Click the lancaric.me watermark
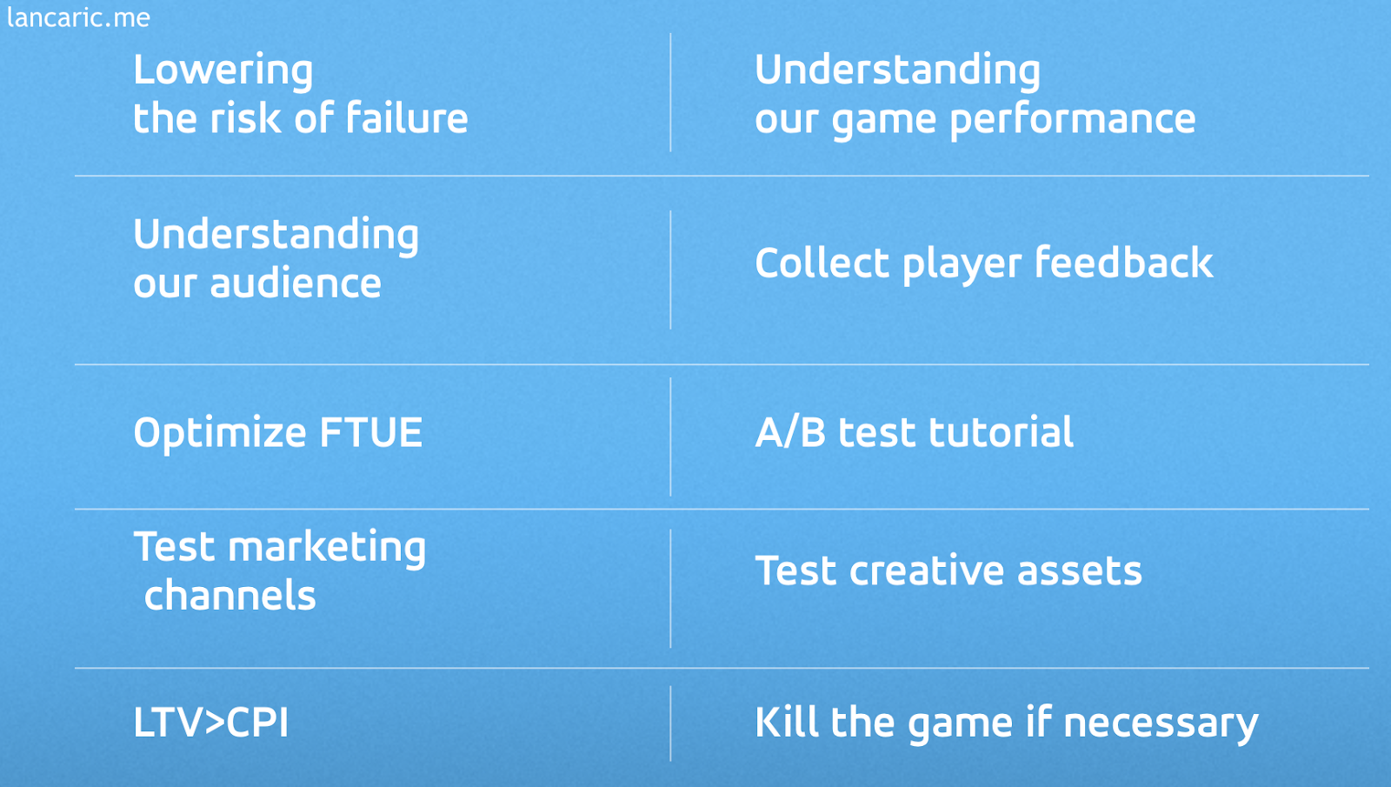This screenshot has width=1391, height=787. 78,17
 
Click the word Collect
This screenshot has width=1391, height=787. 822,262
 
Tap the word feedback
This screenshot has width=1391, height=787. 1124,262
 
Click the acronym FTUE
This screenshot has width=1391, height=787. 370,431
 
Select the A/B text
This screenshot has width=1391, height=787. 790,431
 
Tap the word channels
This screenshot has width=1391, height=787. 230,595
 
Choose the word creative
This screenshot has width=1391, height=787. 927,570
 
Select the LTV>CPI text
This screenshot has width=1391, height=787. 211,722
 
